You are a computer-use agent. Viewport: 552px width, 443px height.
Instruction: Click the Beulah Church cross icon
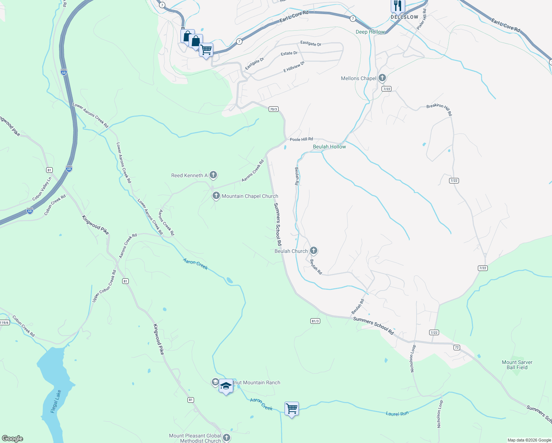pyautogui.click(x=313, y=251)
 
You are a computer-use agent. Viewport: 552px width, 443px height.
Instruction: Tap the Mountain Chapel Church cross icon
pyautogui.click(x=216, y=196)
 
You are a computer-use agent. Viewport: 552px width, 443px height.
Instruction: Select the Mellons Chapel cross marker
pyautogui.click(x=382, y=78)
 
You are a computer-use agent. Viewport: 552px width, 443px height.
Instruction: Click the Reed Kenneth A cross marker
pyautogui.click(x=213, y=175)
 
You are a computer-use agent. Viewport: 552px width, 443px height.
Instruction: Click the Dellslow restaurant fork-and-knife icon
pyautogui.click(x=397, y=6)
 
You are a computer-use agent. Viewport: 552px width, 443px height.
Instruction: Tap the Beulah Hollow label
pyautogui.click(x=329, y=147)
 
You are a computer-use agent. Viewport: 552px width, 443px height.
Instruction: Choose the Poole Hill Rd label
pyautogui.click(x=301, y=139)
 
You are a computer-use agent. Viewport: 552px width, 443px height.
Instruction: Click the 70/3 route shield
pyautogui.click(x=273, y=109)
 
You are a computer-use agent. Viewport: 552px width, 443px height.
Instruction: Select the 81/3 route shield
pyautogui.click(x=315, y=321)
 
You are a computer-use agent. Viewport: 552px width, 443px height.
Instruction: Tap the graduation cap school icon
pyautogui.click(x=226, y=386)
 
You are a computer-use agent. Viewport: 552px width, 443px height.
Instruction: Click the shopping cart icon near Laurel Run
pyautogui.click(x=291, y=409)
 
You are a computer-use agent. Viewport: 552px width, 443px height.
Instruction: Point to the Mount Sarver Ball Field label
pyautogui.click(x=517, y=365)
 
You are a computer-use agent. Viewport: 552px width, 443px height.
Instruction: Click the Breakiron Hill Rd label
pyautogui.click(x=439, y=109)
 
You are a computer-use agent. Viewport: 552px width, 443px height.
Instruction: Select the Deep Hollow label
pyautogui.click(x=370, y=32)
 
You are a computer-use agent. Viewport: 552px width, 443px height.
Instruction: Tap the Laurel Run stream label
pyautogui.click(x=397, y=414)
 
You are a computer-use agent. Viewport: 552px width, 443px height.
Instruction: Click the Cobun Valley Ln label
pyautogui.click(x=42, y=189)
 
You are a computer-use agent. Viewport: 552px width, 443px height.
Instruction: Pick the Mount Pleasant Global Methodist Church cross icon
pyautogui.click(x=227, y=438)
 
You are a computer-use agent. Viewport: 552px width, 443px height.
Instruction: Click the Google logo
pyautogui.click(x=12, y=439)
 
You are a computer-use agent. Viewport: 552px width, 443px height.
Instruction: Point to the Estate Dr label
pyautogui.click(x=289, y=54)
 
